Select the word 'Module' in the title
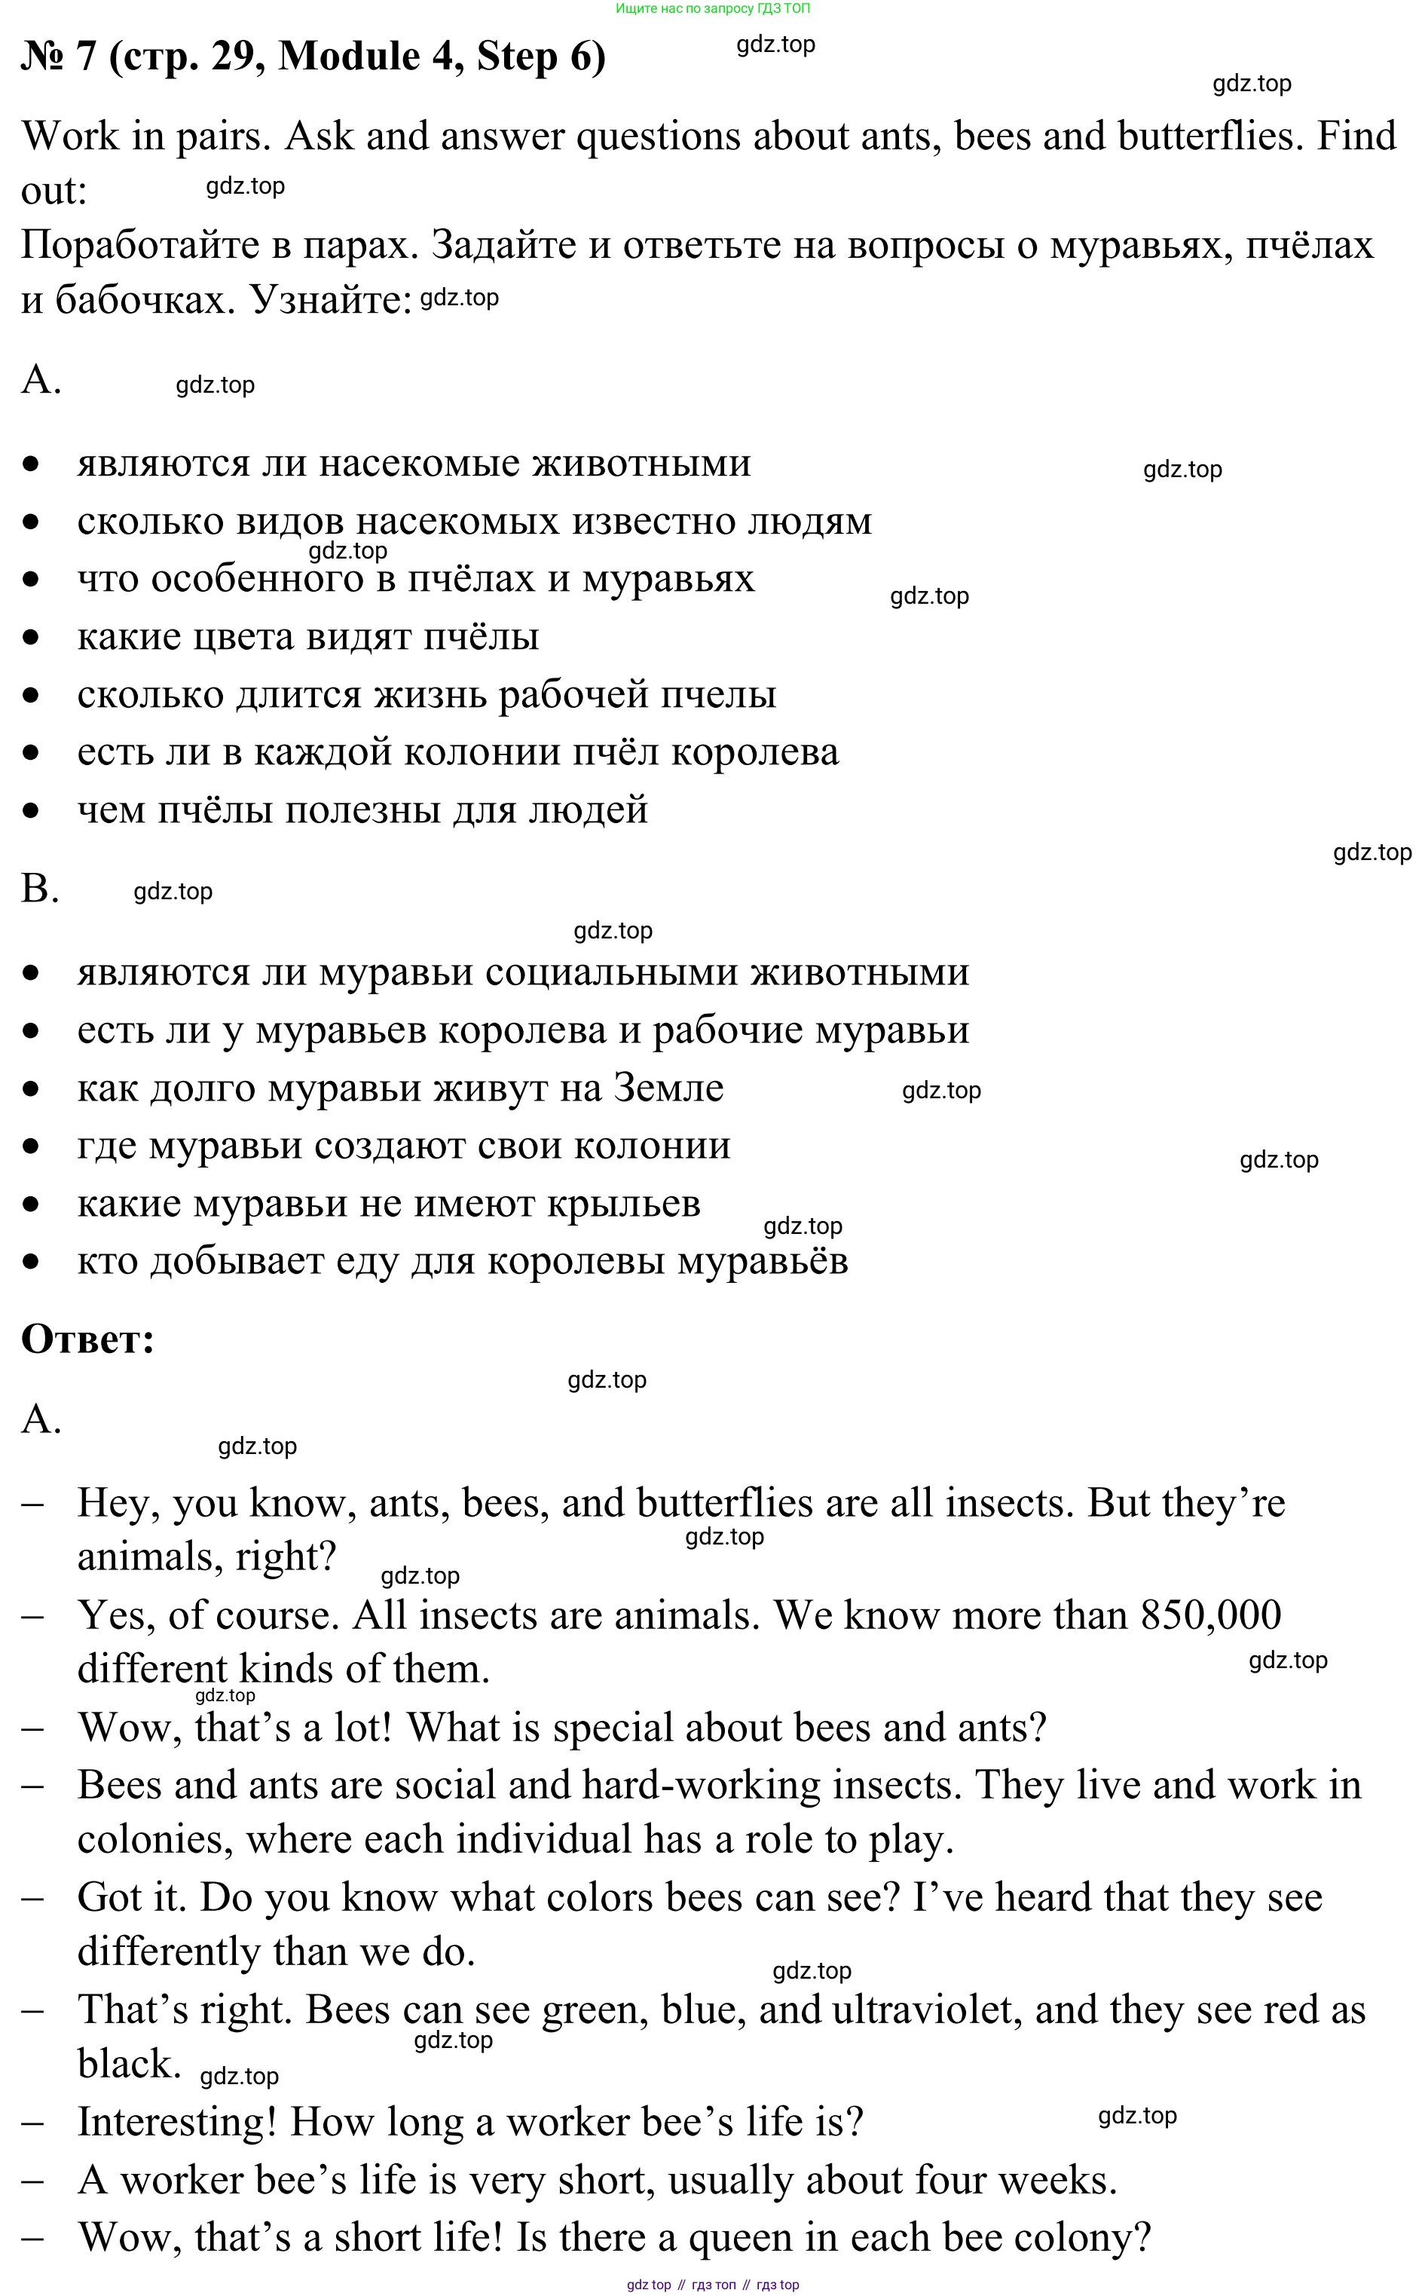click(350, 57)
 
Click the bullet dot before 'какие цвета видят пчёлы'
click(31, 638)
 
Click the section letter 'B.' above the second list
click(40, 889)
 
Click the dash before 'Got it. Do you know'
click(32, 1898)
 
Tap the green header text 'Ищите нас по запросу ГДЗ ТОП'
click(712, 8)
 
